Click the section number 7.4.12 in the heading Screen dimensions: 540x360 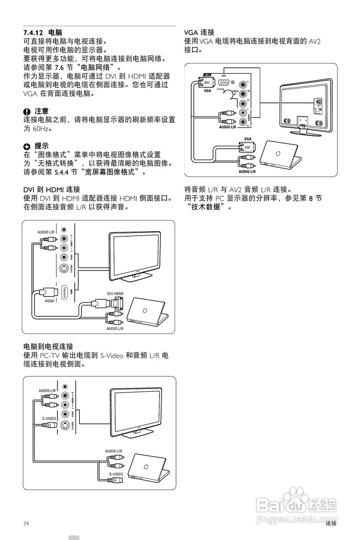(x=33, y=32)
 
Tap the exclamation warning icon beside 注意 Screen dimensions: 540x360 (x=27, y=111)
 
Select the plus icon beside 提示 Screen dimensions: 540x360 (x=27, y=146)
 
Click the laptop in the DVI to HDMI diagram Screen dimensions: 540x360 (x=147, y=312)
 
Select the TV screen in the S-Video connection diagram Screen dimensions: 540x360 (x=135, y=412)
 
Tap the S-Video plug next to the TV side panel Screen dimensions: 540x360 (x=49, y=425)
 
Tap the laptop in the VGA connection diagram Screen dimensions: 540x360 (x=281, y=154)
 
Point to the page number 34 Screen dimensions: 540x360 (x=27, y=524)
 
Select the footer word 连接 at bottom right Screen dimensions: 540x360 (x=331, y=524)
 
